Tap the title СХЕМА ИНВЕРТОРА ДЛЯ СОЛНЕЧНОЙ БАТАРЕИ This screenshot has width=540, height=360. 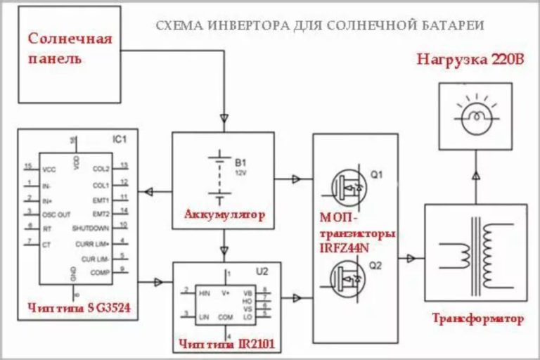tap(319, 26)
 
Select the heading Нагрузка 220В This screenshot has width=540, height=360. tap(470, 58)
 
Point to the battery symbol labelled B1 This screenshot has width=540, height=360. tap(222, 179)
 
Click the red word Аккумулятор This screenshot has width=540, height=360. tap(224, 214)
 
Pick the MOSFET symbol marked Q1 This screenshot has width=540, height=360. tap(347, 186)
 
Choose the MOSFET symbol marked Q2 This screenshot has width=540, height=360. tap(347, 277)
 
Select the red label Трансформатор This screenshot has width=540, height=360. tap(477, 319)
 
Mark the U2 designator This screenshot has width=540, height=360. tap(262, 271)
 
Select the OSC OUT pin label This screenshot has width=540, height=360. tap(57, 214)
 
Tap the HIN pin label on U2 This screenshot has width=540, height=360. tap(205, 292)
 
